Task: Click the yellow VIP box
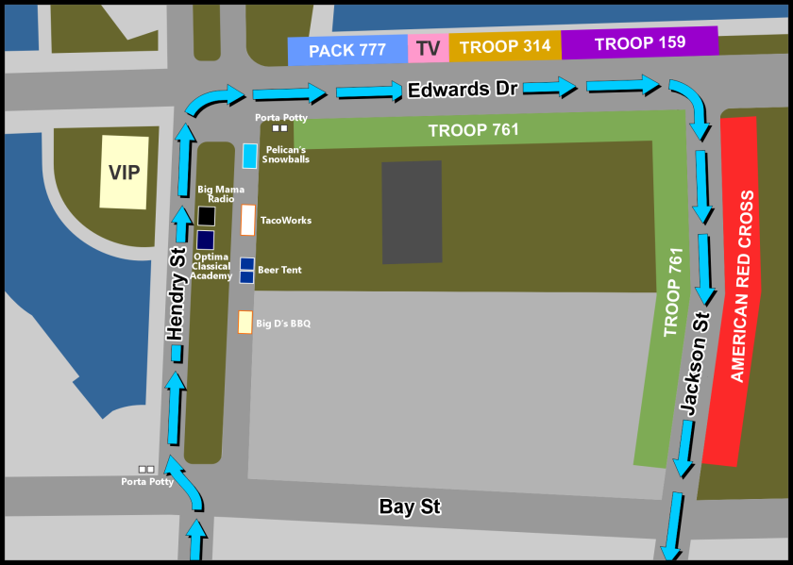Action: coord(124,172)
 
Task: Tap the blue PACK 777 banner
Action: coord(346,50)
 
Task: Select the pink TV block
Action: coord(428,48)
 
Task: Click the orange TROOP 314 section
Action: coord(504,46)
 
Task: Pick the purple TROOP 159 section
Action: coord(639,42)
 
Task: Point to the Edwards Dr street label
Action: coord(463,90)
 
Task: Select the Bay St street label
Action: coord(410,507)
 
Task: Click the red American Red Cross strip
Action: coord(739,289)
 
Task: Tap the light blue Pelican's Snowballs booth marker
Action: coord(249,156)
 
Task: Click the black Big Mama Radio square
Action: coord(206,216)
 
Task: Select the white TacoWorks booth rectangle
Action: coord(248,220)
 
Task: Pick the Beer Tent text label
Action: coord(279,270)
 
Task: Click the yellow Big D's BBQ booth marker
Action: coord(245,323)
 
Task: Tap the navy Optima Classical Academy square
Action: coord(206,240)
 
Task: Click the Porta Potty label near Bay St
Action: coord(147,482)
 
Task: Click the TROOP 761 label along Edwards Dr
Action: coord(473,130)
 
